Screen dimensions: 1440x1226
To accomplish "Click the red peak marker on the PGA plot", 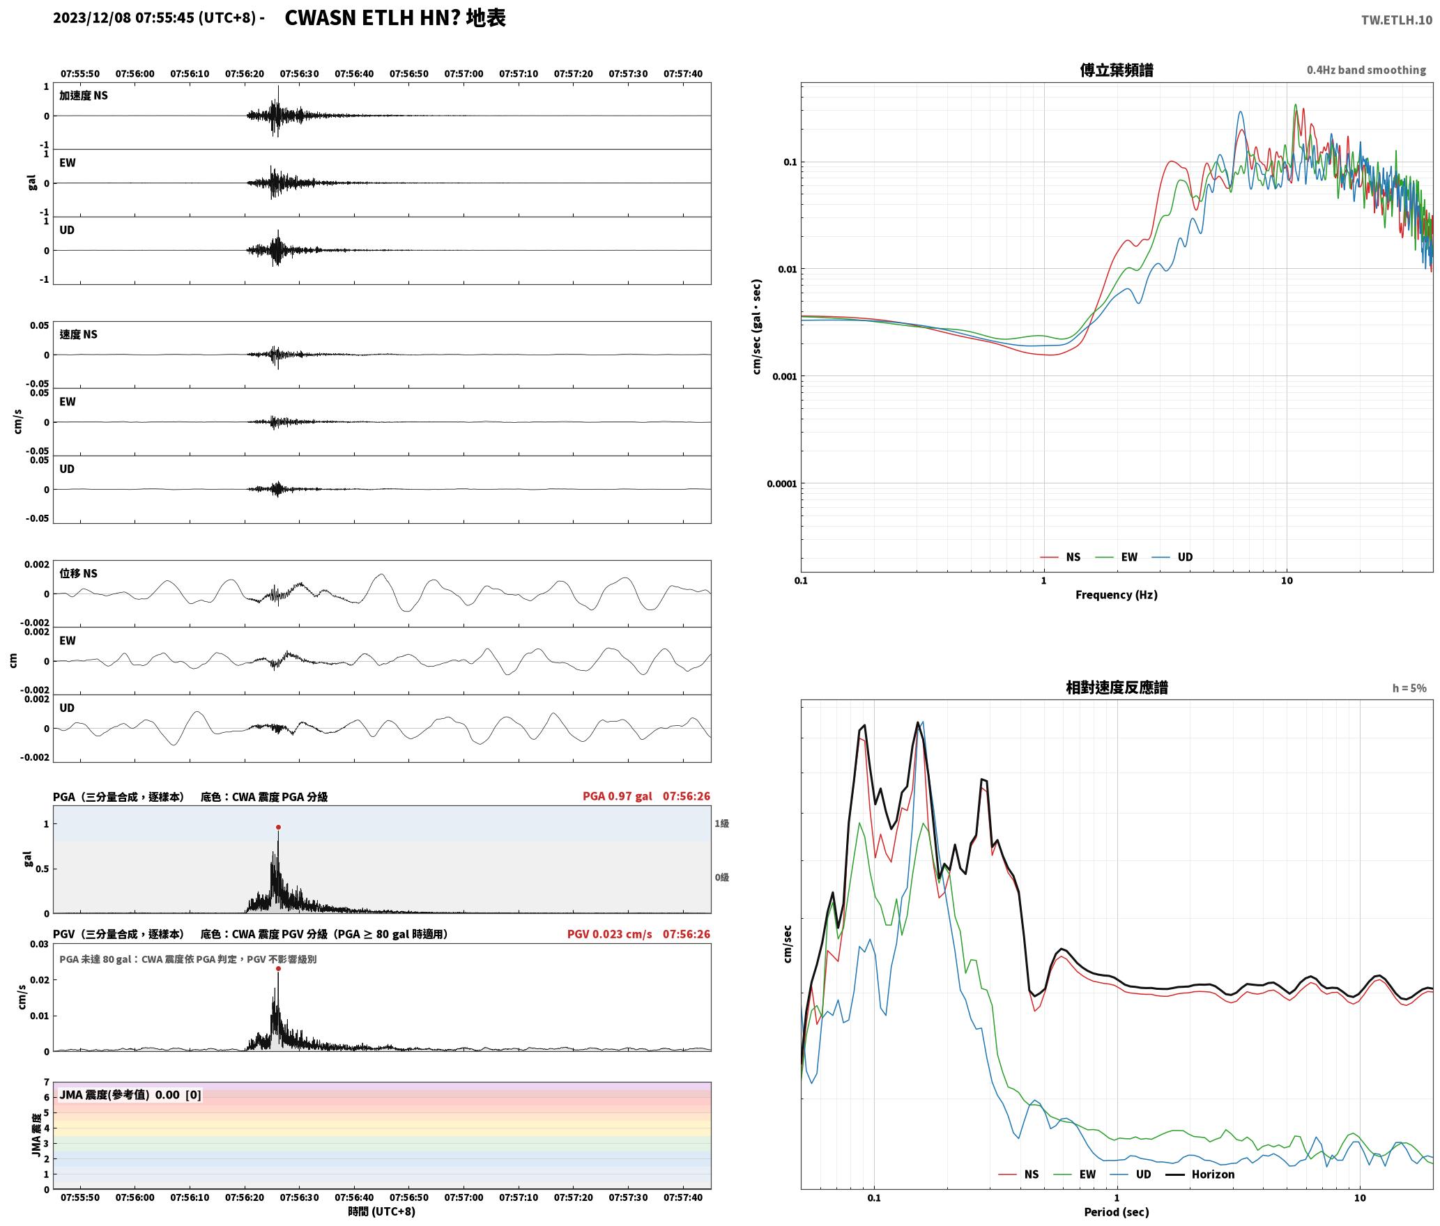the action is coord(278,828).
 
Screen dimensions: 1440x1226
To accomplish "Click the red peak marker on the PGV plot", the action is coord(278,968).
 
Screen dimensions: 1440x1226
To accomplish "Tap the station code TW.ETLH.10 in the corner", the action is coord(1397,20).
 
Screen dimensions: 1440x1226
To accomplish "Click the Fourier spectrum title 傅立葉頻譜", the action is coord(1116,70).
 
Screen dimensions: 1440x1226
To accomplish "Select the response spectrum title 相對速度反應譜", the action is coord(1117,688).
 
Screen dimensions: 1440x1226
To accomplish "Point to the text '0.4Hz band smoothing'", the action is coord(1366,70).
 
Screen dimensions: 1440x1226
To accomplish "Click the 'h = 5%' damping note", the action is coord(1409,688).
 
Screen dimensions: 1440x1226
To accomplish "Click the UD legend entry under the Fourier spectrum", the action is coord(1172,557).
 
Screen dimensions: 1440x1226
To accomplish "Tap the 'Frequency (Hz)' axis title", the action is coord(1116,595).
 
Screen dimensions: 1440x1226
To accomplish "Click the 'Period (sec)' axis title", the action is coord(1116,1212).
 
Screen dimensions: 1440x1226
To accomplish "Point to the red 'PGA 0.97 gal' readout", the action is coord(617,796).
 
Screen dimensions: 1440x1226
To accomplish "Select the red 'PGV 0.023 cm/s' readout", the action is coord(609,934).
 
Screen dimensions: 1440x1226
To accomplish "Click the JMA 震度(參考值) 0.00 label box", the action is coord(130,1095).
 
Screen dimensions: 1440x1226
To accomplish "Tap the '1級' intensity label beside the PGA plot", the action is coord(721,823).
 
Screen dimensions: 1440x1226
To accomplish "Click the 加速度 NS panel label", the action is coord(84,95).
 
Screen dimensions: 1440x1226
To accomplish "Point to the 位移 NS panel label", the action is coord(78,573).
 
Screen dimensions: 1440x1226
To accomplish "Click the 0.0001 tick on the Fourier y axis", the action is coord(781,483).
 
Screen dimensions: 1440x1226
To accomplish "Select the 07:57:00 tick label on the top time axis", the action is coord(464,74).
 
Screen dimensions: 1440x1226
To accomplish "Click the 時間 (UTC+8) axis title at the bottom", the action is coord(382,1211).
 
